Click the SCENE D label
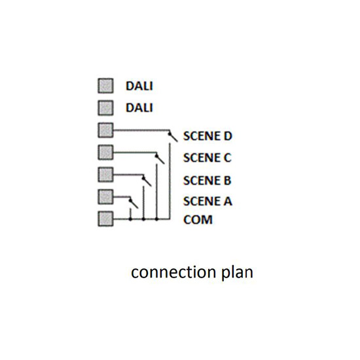207,136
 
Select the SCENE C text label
207,158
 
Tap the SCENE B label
207,180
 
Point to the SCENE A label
207,201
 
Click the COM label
198,220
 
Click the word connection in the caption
173,272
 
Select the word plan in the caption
237,272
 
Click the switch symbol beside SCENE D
173,137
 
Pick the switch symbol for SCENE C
160,159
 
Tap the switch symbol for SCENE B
147,181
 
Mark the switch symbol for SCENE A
134,204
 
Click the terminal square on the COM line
105,219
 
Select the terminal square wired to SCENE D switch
105,130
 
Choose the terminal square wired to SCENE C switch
105,153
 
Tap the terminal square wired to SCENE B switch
105,175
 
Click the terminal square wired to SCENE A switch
105,196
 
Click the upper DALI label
139,86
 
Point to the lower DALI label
139,108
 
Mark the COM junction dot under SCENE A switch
130,219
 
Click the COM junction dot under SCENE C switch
156,219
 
